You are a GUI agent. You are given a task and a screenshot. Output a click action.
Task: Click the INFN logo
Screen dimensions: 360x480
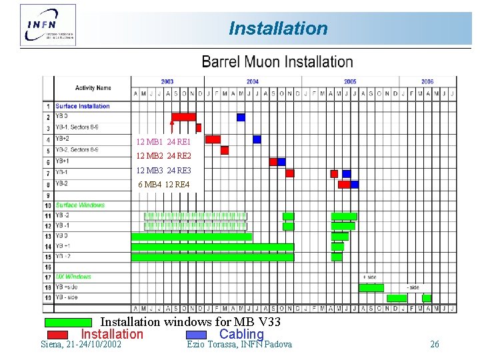[x=48, y=25]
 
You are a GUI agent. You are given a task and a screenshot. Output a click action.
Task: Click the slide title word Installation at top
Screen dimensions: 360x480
[x=278, y=29]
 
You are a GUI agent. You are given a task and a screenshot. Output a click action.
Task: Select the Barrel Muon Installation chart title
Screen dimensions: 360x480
[x=277, y=62]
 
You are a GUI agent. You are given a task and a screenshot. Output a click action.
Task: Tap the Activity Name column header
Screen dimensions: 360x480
[x=93, y=88]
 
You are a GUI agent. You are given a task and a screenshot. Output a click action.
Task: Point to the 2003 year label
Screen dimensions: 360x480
[x=167, y=82]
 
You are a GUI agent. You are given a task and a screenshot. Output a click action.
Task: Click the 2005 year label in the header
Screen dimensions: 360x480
[x=350, y=82]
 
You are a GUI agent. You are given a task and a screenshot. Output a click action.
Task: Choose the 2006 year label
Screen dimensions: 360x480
[x=427, y=82]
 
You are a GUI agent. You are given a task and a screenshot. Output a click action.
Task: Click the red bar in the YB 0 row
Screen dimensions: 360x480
[x=183, y=117]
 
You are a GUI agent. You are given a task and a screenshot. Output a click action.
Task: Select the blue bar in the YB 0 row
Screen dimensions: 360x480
[x=241, y=117]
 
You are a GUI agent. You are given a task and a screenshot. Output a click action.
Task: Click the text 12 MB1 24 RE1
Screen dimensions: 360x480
[x=163, y=142]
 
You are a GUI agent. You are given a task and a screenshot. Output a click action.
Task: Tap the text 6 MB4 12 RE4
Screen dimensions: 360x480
[x=163, y=185]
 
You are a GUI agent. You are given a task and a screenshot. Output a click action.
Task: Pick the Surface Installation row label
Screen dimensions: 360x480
[x=83, y=106]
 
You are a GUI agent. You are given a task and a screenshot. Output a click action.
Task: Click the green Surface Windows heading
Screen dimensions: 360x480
[x=80, y=205]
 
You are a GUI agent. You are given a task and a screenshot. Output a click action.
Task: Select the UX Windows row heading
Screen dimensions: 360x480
[x=73, y=277]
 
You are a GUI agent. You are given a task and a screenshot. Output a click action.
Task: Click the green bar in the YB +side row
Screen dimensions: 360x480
[x=371, y=288]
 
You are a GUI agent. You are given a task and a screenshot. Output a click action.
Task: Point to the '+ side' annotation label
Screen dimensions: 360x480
[x=369, y=277]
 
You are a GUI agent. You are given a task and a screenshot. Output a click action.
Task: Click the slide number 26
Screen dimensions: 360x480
[x=435, y=345]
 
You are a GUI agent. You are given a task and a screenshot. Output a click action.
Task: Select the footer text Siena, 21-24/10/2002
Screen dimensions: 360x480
[x=81, y=345]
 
